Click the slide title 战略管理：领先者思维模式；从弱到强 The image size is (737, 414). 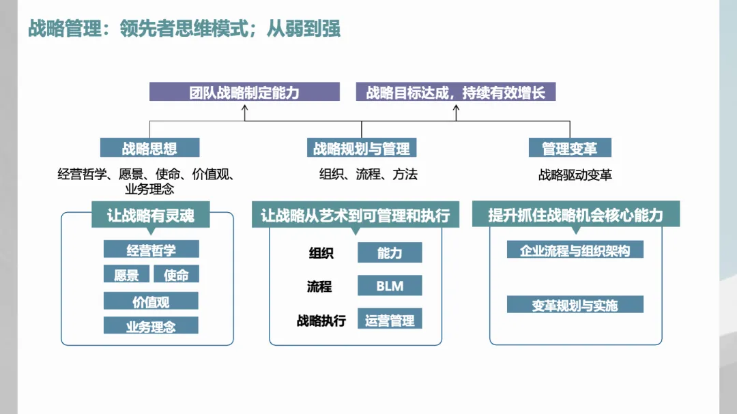point(184,29)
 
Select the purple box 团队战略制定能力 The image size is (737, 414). point(244,92)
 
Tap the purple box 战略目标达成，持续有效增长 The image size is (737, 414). point(456,92)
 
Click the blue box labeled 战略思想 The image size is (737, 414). point(150,148)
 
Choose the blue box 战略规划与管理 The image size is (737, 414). point(362,148)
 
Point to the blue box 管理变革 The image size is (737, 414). point(570,148)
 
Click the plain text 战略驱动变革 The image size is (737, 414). point(575,175)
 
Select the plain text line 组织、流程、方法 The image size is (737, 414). point(369,174)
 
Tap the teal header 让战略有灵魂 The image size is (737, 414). point(150,216)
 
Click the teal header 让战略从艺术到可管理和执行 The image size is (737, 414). point(356,216)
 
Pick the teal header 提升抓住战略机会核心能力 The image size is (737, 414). point(575,216)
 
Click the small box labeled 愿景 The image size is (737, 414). point(126,274)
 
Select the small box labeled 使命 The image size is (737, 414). point(176,274)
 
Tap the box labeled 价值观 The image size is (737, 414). point(151,301)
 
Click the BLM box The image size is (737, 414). point(390,286)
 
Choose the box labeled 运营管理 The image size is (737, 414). point(390,319)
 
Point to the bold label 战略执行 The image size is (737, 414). point(321,319)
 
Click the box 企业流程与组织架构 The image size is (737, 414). point(575,250)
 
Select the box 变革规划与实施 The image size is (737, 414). point(575,305)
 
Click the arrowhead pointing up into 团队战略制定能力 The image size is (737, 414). point(244,106)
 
